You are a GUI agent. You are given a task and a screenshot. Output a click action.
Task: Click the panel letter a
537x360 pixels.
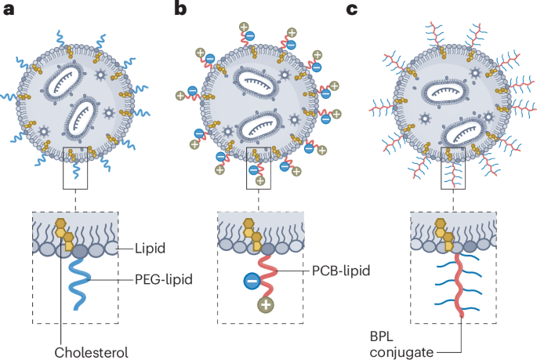point(7,9)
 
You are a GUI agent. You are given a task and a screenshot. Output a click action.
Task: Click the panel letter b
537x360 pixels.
point(182,9)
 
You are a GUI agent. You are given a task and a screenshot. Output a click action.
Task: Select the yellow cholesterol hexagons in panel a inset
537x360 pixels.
point(65,232)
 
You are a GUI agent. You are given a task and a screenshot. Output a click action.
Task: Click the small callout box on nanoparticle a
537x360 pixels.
point(75,166)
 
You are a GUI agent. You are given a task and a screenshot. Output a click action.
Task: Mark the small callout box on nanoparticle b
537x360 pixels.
point(259,166)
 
